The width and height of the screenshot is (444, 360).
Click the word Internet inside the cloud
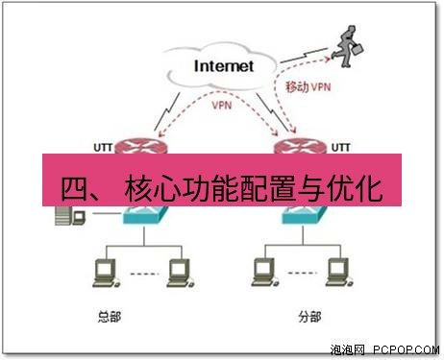pyautogui.click(x=223, y=66)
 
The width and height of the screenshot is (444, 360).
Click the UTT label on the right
pyautogui.click(x=341, y=146)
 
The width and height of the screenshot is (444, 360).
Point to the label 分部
pyautogui.click(x=306, y=316)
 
